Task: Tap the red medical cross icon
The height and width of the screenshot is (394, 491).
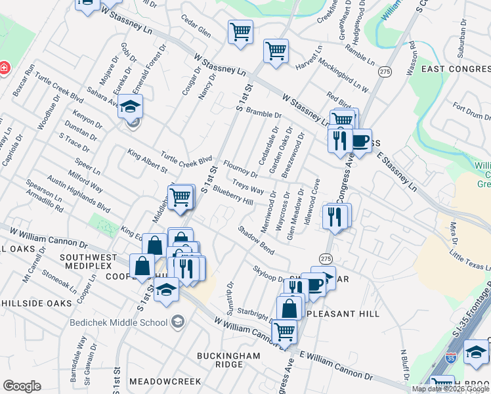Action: [3, 68]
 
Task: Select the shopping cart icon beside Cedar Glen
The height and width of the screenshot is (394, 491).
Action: [241, 32]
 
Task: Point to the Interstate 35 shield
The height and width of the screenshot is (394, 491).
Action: [450, 359]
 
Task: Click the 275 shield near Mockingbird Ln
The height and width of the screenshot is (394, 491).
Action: [385, 72]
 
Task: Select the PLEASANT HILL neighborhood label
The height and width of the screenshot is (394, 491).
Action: [341, 314]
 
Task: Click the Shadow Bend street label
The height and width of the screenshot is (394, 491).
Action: [256, 241]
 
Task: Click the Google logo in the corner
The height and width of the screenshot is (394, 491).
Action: [22, 386]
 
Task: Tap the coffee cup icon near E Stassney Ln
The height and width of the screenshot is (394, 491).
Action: [360, 140]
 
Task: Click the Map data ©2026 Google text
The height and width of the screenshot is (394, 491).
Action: [450, 389]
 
